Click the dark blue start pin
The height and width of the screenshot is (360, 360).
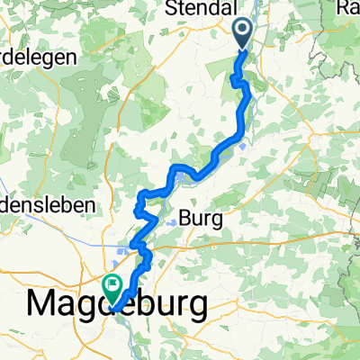[245, 33]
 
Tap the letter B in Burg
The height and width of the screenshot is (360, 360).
[186, 218]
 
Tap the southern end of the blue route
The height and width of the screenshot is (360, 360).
[115, 306]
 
